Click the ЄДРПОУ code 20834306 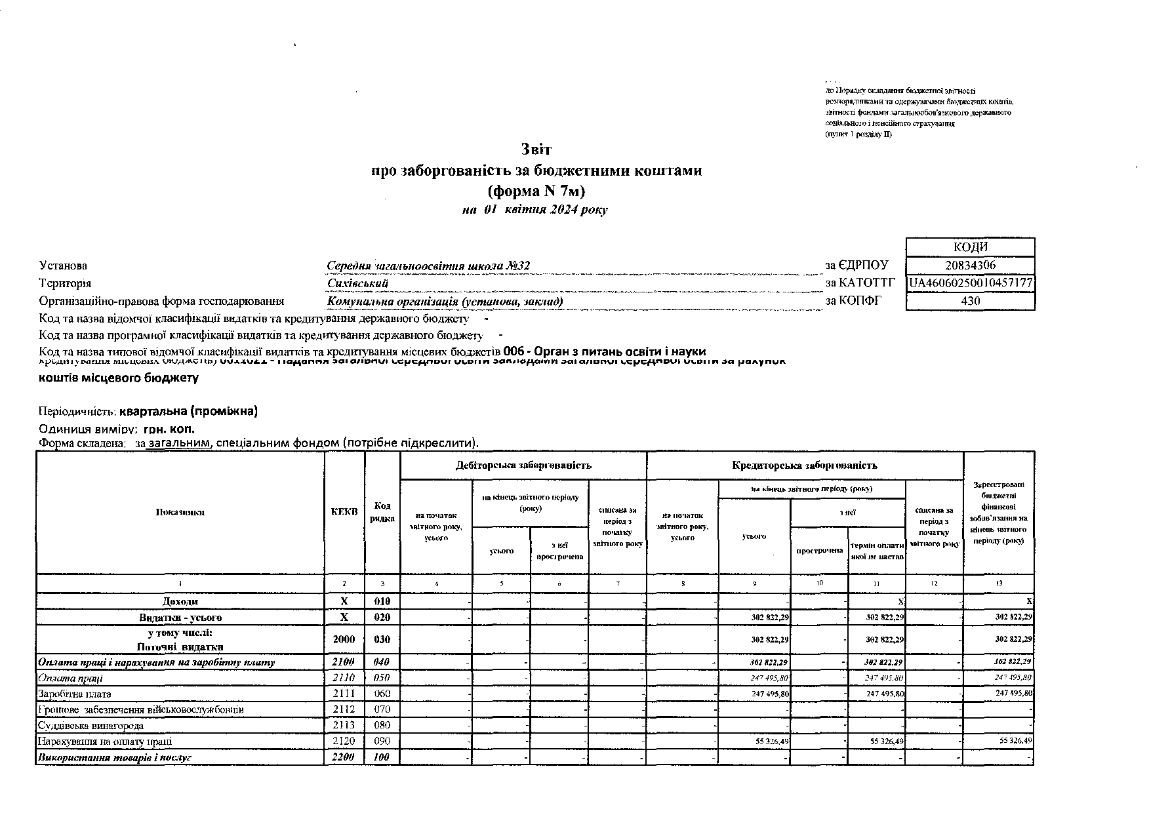969,266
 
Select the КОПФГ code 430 969,301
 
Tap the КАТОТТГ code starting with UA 971,283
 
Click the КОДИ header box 969,247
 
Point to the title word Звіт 536,149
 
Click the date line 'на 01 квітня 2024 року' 534,210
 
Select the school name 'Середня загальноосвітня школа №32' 428,266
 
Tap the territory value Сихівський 357,284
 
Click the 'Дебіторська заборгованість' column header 523,466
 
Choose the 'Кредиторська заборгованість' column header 804,466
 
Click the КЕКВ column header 344,512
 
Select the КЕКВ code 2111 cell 344,694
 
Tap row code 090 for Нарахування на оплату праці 382,742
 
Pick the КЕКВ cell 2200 344,757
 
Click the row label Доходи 180,601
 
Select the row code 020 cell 382,618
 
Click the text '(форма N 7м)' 536,191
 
